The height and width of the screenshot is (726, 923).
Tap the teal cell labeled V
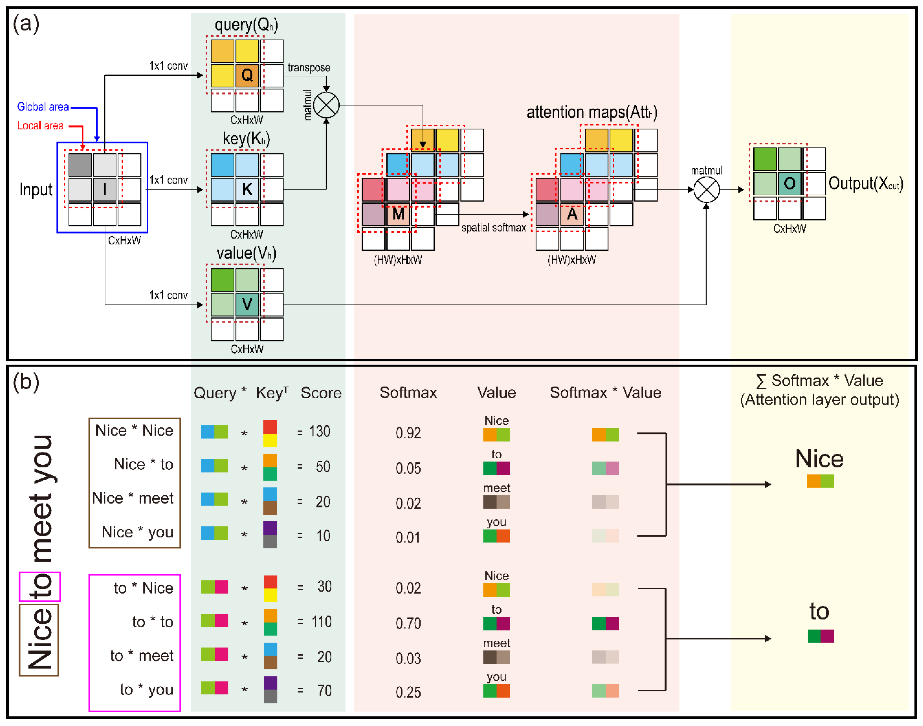[247, 304]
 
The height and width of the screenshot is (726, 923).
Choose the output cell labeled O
[789, 184]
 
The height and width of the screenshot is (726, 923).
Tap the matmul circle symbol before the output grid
[706, 190]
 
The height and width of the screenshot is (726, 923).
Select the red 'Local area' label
[40, 126]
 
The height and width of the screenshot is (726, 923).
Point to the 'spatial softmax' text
[494, 228]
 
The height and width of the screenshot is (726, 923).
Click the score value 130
[319, 432]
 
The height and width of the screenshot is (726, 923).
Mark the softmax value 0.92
[408, 433]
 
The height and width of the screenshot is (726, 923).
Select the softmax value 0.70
[408, 624]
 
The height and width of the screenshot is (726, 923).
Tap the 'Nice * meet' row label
[133, 498]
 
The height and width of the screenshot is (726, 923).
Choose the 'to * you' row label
[146, 689]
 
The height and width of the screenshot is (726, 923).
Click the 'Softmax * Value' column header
[605, 393]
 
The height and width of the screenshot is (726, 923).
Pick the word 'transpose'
[309, 68]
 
